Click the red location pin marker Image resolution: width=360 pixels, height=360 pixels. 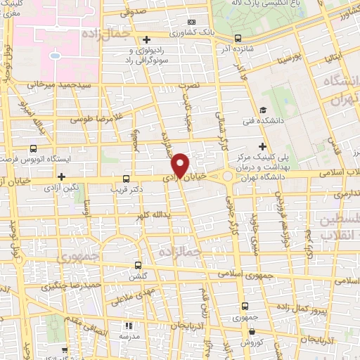click(x=181, y=165)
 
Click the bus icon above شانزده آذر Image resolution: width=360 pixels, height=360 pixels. click(x=238, y=38)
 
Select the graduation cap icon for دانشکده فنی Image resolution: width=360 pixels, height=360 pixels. click(x=262, y=110)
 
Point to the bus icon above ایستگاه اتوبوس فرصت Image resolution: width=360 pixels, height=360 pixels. click(x=33, y=149)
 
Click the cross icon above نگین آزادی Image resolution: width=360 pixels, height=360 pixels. click(x=62, y=176)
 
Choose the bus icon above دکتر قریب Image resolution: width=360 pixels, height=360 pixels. click(x=126, y=179)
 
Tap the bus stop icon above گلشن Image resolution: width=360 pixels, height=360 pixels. click(x=137, y=266)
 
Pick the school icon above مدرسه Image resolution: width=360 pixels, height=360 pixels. click(x=129, y=326)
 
